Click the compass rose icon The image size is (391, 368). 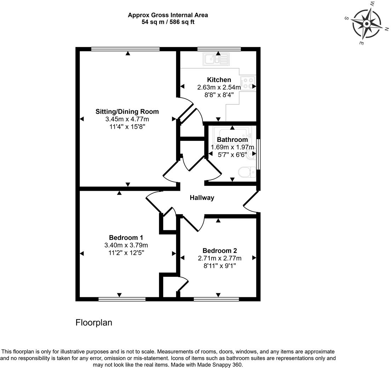pyautogui.click(x=367, y=24)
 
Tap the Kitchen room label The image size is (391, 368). pyautogui.click(x=219, y=80)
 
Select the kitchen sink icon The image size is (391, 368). pyautogui.click(x=216, y=59)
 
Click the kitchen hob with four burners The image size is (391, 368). pyautogui.click(x=248, y=84)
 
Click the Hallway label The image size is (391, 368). pyautogui.click(x=202, y=198)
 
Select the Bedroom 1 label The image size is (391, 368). pyautogui.click(x=126, y=237)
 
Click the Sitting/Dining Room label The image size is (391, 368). pyautogui.click(x=127, y=111)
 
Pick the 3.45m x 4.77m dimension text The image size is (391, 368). pyautogui.click(x=127, y=119)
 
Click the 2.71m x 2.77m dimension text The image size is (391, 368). pyautogui.click(x=220, y=258)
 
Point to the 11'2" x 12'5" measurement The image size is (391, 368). pyautogui.click(x=126, y=253)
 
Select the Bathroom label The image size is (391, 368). pyautogui.click(x=232, y=140)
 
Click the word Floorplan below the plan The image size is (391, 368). pyautogui.click(x=94, y=323)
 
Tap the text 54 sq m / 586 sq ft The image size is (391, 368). pyautogui.click(x=168, y=22)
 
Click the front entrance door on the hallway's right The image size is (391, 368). pyautogui.click(x=251, y=202)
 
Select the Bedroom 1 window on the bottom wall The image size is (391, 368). pyautogui.click(x=122, y=299)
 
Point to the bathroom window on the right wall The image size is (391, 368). pyautogui.click(x=259, y=154)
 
